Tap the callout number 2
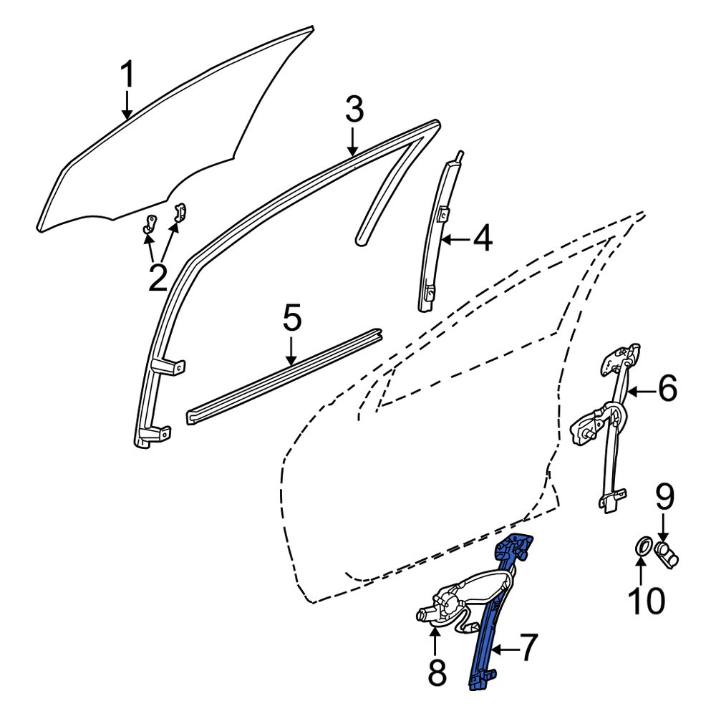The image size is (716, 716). pos(158,277)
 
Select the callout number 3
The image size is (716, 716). pos(354,110)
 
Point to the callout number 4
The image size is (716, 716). pos(482,238)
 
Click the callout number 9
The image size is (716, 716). pos(665,498)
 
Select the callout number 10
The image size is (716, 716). pos(646,600)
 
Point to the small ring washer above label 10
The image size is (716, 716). pos(643,546)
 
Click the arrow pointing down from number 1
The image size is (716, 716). pos(127,105)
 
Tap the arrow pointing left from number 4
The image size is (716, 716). pos(457,239)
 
